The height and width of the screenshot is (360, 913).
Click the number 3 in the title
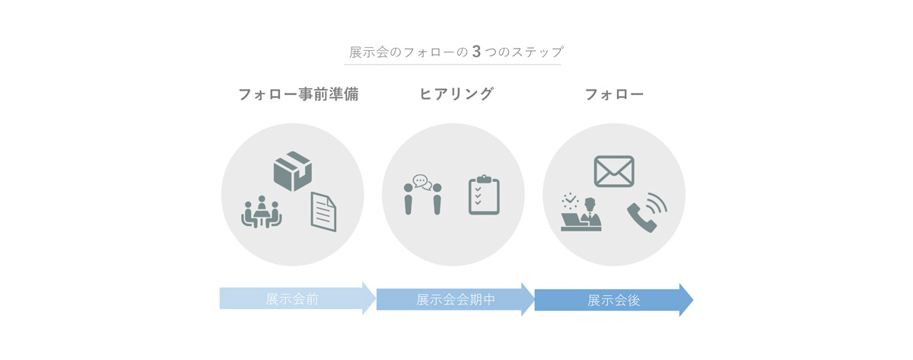click(476, 52)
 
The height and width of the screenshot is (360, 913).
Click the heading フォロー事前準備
click(298, 94)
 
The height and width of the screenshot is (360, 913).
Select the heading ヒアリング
click(456, 94)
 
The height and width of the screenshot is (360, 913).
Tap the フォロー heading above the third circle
click(614, 94)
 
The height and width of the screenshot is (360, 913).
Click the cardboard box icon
click(293, 171)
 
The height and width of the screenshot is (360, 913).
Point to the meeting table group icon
click(262, 212)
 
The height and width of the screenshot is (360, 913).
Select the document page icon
click(323, 212)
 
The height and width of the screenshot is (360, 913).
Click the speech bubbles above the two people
click(422, 182)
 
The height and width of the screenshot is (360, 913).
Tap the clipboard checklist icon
click(484, 195)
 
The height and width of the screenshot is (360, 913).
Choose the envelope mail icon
click(614, 171)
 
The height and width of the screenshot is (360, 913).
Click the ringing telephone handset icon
click(647, 212)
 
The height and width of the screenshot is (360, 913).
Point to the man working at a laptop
click(581, 215)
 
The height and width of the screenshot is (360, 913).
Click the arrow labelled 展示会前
click(297, 298)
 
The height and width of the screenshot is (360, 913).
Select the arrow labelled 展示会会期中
click(455, 299)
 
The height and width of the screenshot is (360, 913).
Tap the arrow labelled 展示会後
click(613, 300)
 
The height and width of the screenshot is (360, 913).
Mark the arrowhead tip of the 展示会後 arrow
click(693, 300)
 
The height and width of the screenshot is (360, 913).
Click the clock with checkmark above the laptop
click(570, 201)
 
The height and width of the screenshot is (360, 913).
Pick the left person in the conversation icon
click(408, 199)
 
